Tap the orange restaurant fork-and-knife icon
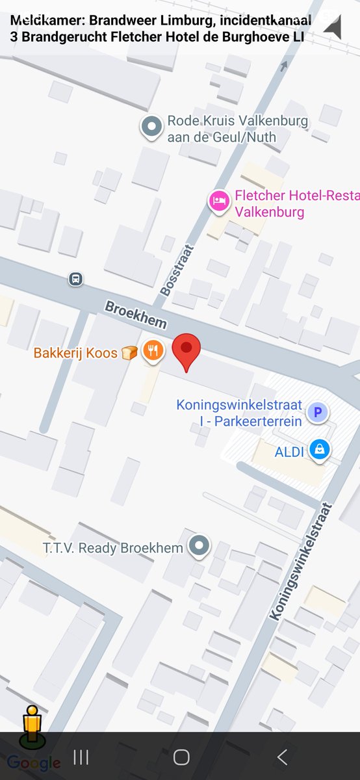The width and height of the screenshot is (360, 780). [x=153, y=352]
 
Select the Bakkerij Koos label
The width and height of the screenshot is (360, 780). [x=75, y=354]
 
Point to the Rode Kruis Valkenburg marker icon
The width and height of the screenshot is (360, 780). [x=151, y=128]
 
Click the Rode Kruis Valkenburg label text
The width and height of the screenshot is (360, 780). [x=237, y=129]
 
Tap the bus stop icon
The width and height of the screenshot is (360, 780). [x=76, y=279]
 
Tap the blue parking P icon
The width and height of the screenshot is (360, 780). [x=318, y=412]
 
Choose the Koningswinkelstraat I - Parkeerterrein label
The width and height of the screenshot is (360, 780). [x=239, y=413]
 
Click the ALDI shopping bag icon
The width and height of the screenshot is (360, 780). [x=319, y=449]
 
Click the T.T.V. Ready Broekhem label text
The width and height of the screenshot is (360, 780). [x=113, y=548]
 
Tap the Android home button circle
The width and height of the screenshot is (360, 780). [x=181, y=757]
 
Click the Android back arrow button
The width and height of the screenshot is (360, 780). [x=282, y=757]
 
